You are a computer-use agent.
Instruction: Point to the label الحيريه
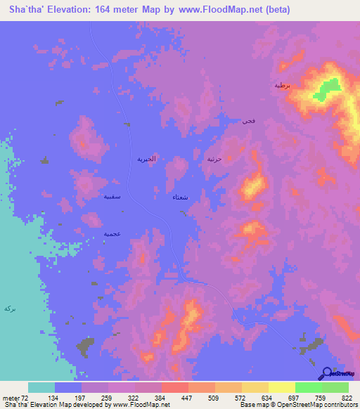(145, 160)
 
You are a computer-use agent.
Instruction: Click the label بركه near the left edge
(9, 308)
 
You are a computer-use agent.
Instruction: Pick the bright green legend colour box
(309, 387)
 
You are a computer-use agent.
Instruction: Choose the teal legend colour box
(41, 387)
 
